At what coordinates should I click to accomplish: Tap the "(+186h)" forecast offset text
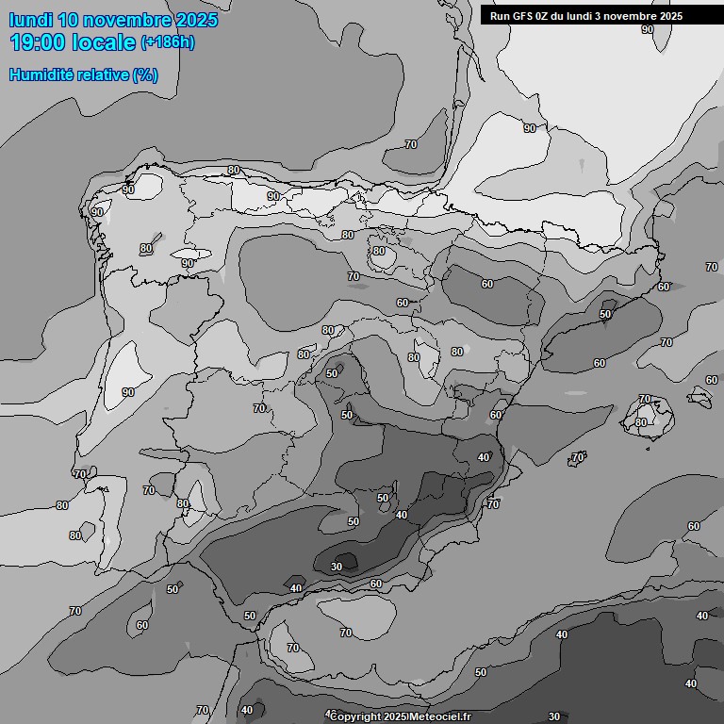tap(168, 42)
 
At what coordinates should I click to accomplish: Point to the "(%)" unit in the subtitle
tap(145, 74)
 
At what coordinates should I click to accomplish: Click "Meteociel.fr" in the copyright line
tap(441, 716)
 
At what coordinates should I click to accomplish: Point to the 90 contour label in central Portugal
tap(128, 392)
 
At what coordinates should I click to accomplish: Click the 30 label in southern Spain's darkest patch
tap(337, 567)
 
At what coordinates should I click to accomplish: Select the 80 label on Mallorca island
tap(641, 421)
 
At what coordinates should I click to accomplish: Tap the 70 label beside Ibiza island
tap(578, 457)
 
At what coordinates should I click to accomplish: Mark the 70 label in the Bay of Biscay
tap(411, 144)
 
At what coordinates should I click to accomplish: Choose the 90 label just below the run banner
tap(648, 29)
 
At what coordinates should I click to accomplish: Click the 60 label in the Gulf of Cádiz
tap(142, 625)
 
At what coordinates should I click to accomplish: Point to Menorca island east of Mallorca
tap(699, 397)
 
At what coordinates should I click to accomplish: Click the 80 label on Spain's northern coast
tap(234, 171)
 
